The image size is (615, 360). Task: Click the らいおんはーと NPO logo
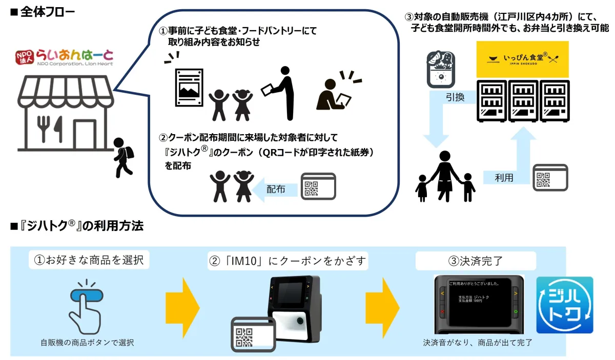64,57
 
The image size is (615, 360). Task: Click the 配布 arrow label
276,189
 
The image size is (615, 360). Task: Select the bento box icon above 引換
440,70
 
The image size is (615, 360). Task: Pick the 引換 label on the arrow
455,97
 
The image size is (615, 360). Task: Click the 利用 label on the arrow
504,178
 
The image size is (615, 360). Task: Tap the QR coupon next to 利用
550,178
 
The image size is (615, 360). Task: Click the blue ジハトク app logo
564,305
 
